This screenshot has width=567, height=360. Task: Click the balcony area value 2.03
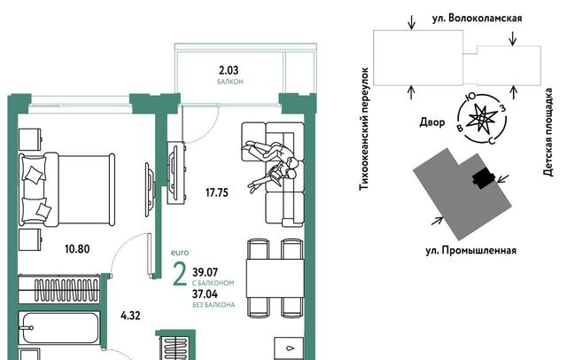(x=229, y=70)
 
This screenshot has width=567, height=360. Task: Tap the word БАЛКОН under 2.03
(x=230, y=82)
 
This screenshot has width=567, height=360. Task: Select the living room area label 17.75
(x=217, y=192)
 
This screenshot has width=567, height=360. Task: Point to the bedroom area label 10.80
(x=77, y=249)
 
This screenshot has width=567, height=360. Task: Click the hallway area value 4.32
(x=130, y=316)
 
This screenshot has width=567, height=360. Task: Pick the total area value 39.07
(x=205, y=271)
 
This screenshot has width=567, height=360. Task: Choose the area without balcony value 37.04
(x=205, y=294)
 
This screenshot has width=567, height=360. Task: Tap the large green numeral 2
(x=180, y=274)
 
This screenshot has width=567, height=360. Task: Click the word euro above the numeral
(x=180, y=253)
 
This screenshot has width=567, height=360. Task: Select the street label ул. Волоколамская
(x=477, y=18)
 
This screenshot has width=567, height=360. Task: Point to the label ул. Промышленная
(x=470, y=250)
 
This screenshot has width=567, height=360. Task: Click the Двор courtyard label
(x=432, y=122)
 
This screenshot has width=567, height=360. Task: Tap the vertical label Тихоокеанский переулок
(x=364, y=129)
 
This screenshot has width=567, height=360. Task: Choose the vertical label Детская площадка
(x=548, y=132)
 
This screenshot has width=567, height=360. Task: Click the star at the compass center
(x=481, y=118)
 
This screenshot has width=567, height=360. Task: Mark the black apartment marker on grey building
(x=484, y=179)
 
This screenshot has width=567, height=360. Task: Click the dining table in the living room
(x=276, y=278)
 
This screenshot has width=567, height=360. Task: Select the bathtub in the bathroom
(x=60, y=328)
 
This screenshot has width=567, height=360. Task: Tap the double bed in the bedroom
(x=67, y=190)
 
